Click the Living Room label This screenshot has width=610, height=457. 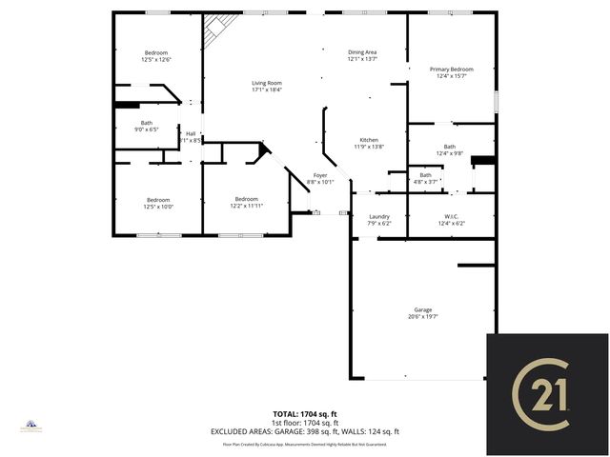[x=267, y=83]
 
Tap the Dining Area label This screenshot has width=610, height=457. [x=362, y=52]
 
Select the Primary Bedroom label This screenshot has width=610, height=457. [x=451, y=70]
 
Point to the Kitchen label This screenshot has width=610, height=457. [x=368, y=140]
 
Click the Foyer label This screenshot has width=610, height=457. [x=321, y=176]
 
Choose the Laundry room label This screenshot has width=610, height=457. [x=379, y=217]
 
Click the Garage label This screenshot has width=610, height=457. [x=422, y=310]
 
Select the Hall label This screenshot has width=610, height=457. [x=191, y=133]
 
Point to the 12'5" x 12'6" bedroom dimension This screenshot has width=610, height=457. [x=156, y=60]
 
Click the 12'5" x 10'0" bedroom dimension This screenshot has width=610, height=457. [x=157, y=207]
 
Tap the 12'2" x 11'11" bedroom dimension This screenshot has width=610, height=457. [x=246, y=206]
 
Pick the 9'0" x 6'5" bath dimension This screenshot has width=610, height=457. [x=146, y=129]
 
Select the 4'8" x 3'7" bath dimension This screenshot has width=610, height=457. [x=425, y=181]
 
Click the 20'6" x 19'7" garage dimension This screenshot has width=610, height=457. [x=422, y=317]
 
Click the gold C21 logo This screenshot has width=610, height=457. [x=547, y=394]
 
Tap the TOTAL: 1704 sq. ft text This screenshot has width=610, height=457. [x=304, y=414]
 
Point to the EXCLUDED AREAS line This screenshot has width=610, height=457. [x=304, y=431]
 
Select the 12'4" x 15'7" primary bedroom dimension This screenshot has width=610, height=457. [x=451, y=76]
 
